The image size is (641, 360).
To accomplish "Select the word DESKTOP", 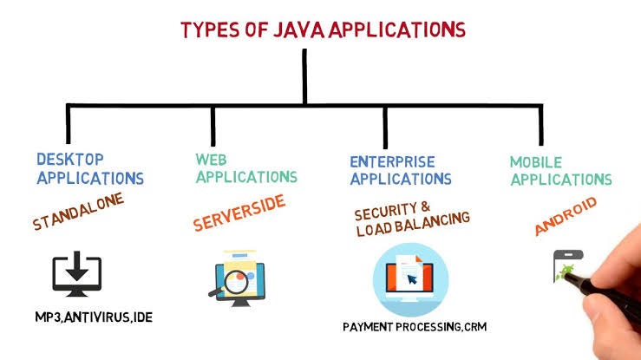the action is [x=69, y=160].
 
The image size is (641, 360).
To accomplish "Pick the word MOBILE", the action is [x=535, y=162].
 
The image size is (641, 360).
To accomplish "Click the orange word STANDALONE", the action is [x=79, y=212].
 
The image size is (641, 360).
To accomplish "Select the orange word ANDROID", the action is [x=566, y=216].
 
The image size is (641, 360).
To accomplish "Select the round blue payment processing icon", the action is [x=411, y=278].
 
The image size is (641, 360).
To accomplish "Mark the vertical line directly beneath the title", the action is [x=304, y=78].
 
